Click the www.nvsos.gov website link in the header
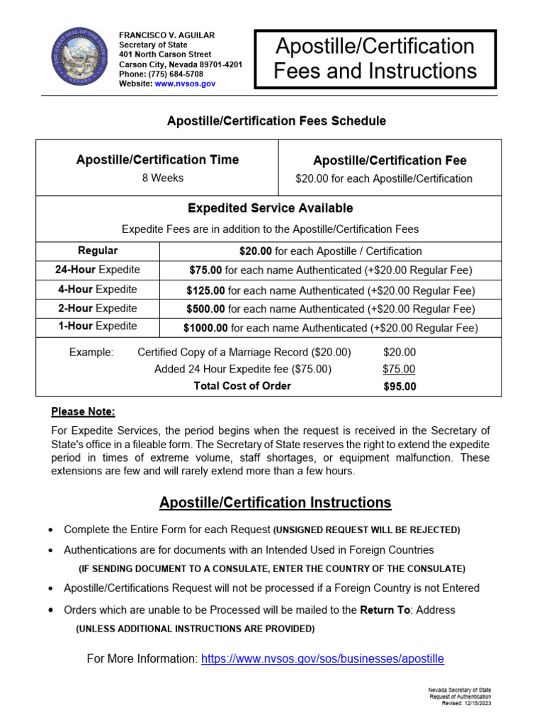pos(185,84)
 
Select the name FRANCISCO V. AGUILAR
pos(166,35)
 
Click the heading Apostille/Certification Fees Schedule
pos(276,121)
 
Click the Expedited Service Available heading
pos(270,208)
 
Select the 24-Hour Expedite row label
pos(98,270)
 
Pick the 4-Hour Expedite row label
pos(98,290)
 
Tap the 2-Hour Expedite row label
pos(98,309)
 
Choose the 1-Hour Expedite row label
pos(98,326)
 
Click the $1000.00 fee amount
pos(205,328)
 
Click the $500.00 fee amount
pos(205,309)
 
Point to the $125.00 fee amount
pos(205,290)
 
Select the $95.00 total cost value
pos(399,387)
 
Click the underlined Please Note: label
pos(83,412)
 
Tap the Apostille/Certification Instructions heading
pos(275,503)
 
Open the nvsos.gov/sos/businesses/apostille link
pos(322,658)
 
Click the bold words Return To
pos(385,610)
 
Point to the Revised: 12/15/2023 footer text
pos(466,704)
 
